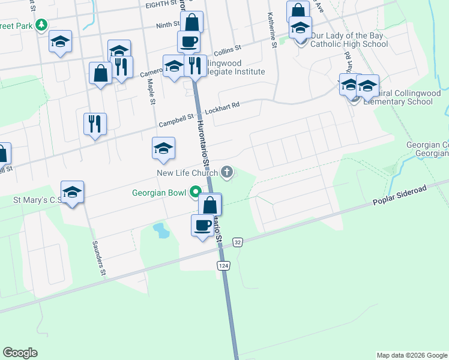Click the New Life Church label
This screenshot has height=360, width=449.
click(187, 173)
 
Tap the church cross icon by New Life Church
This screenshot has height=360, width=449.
click(227, 173)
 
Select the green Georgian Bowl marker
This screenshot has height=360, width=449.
click(195, 193)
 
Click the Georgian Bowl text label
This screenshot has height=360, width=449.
click(160, 193)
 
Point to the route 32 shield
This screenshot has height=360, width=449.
click(238, 241)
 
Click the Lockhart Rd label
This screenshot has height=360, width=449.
click(221, 106)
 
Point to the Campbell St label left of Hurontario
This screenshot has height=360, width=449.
click(176, 121)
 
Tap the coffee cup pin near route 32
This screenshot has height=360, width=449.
click(203, 226)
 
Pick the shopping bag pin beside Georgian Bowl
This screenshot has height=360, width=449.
click(210, 205)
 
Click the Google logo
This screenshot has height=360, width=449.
click(20, 353)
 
